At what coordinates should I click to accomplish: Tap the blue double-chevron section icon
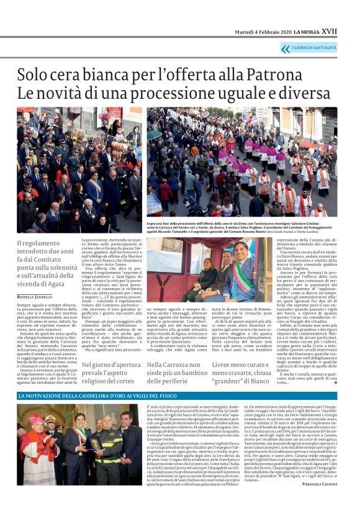(285, 48)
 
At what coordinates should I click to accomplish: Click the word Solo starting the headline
(32, 75)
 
